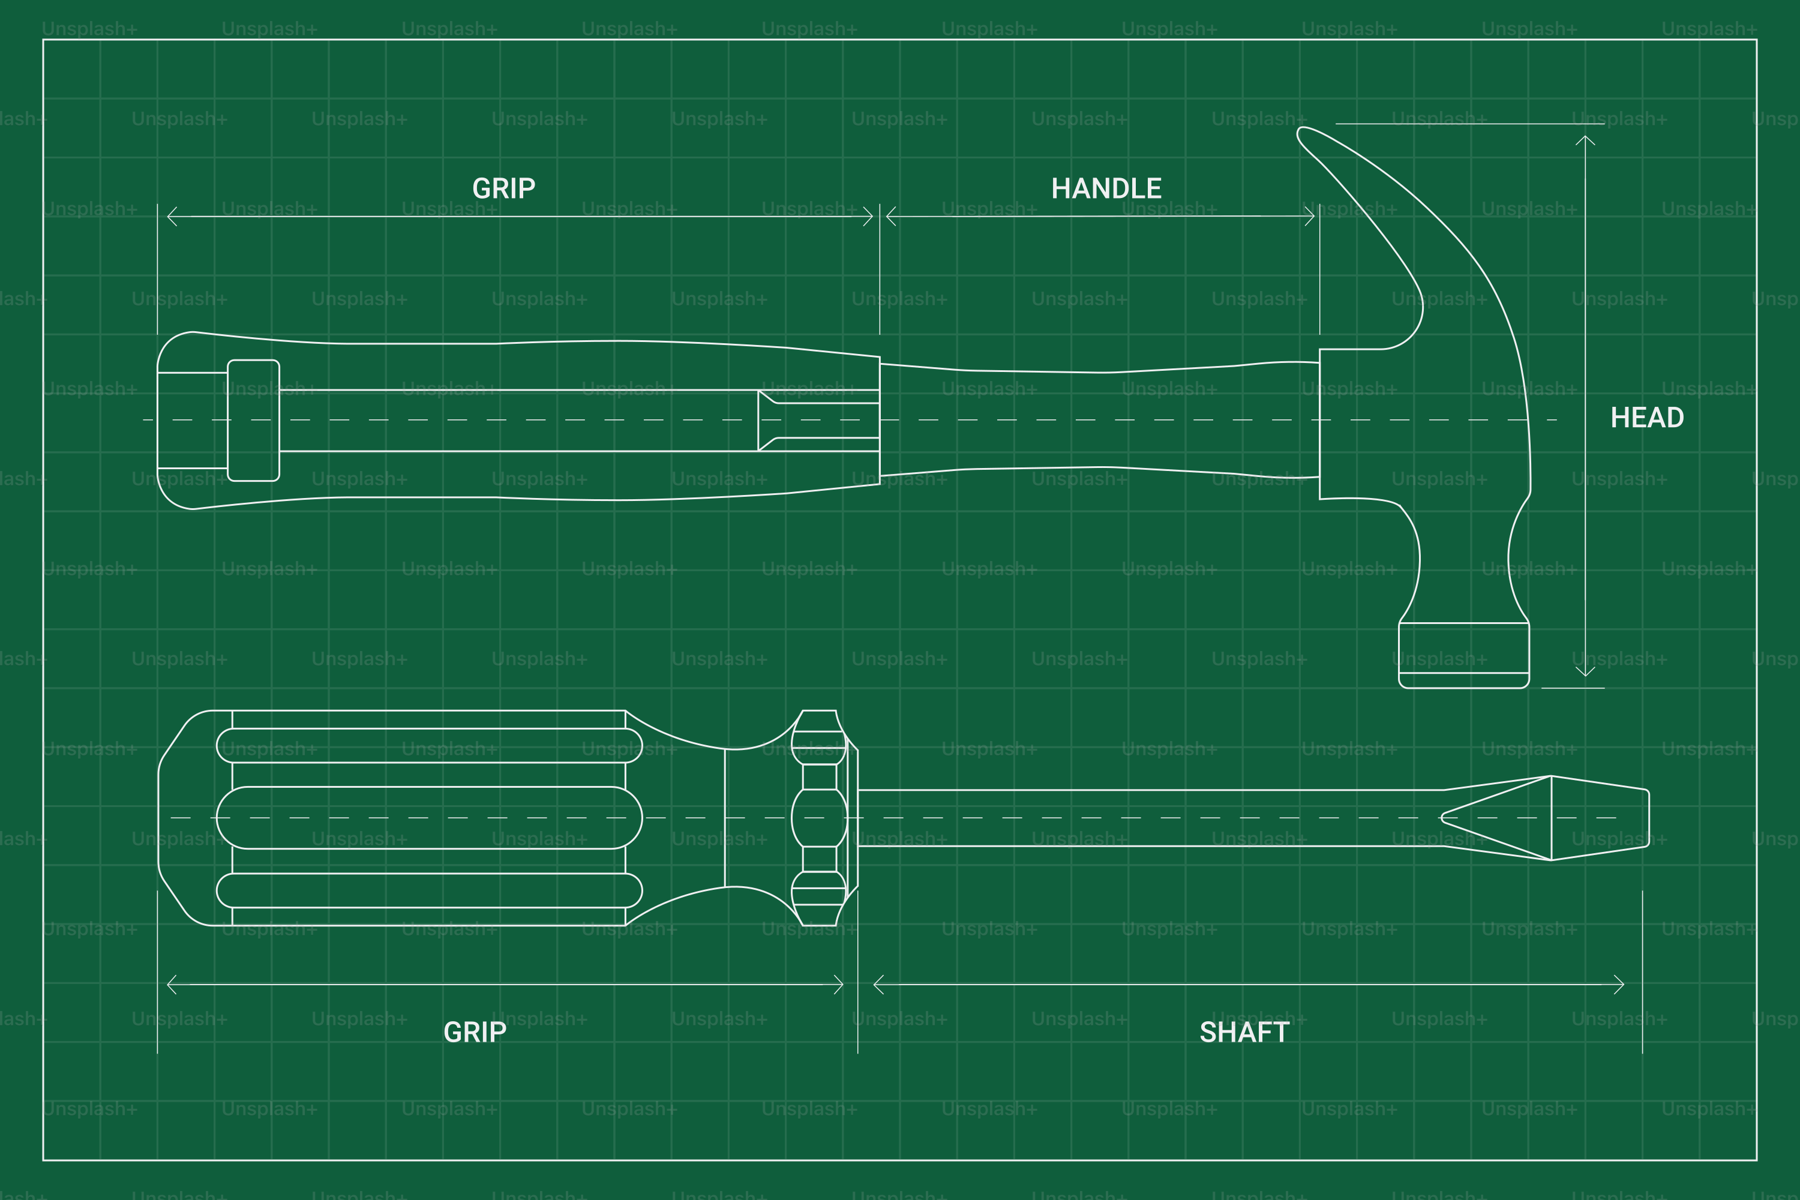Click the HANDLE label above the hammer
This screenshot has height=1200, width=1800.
tap(1106, 188)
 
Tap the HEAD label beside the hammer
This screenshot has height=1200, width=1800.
tap(1647, 418)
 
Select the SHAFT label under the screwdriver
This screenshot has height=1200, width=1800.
tap(1244, 1033)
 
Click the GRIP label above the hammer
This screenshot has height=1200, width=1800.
tap(503, 188)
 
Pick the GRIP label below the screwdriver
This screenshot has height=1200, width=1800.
tap(475, 1033)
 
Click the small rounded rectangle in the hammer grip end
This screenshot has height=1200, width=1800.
tap(253, 420)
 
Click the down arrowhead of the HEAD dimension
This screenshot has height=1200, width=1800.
tap(1585, 670)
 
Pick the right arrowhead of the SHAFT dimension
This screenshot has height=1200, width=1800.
tap(1619, 984)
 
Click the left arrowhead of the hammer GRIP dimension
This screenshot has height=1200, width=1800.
tap(172, 217)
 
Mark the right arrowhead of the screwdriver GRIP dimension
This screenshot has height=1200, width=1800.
tap(838, 984)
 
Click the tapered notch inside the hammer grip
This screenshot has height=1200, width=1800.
tap(818, 420)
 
